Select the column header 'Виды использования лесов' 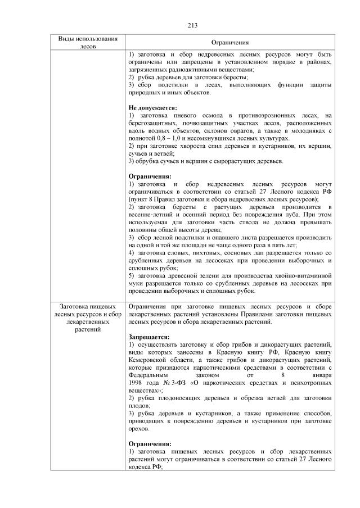coord(89,42)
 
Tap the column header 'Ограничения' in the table coord(230,43)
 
